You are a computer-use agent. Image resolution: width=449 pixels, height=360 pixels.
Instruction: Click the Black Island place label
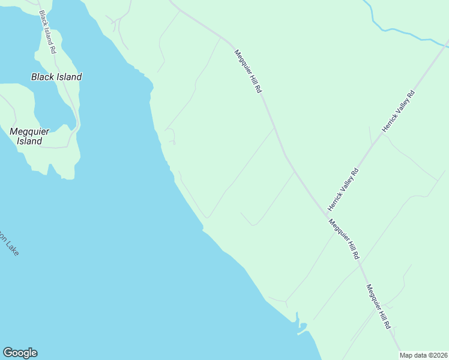[x=56, y=77]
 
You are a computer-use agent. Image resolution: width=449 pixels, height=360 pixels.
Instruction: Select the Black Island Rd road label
[x=47, y=32]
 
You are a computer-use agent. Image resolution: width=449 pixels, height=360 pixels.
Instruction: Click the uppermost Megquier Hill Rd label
[x=249, y=71]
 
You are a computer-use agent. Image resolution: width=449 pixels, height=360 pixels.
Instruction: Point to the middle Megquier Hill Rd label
[x=343, y=239]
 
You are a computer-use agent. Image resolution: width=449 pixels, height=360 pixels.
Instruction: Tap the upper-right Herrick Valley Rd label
[x=399, y=111]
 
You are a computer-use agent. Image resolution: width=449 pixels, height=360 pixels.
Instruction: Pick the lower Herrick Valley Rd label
[x=343, y=189]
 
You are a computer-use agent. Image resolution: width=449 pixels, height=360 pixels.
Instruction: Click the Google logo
[x=20, y=353]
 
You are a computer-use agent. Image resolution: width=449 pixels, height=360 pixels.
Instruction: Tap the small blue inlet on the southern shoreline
[x=301, y=328]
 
